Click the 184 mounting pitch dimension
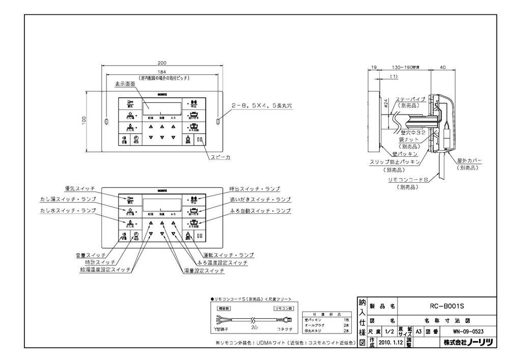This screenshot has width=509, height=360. tap(161, 72)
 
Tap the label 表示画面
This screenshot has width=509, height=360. tap(125, 84)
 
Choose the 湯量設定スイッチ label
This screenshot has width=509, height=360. tap(204, 271)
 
